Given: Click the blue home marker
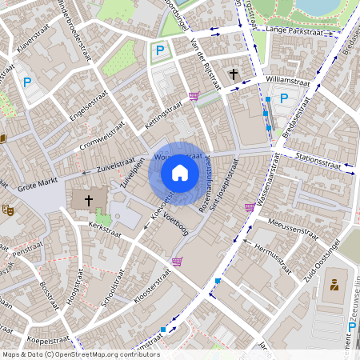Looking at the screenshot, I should pyautogui.click(x=180, y=173).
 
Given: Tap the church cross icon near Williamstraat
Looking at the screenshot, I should pyautogui.click(x=234, y=74).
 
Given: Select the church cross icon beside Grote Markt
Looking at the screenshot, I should pyautogui.click(x=89, y=199).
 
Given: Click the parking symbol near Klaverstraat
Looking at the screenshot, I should pyautogui.click(x=28, y=82).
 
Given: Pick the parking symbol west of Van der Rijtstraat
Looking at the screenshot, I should pyautogui.click(x=159, y=50).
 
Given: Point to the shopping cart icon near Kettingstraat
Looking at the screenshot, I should pyautogui.click(x=194, y=96).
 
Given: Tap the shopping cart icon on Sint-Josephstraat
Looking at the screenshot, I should pyautogui.click(x=250, y=207).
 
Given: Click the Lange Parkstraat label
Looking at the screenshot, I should pyautogui.click(x=288, y=30).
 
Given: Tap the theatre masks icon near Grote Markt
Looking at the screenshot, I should pyautogui.click(x=9, y=210).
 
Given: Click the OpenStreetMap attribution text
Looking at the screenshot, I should pyautogui.click(x=80, y=354).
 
